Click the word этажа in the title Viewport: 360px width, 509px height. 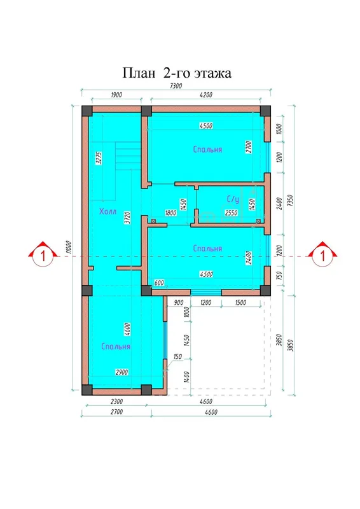212,73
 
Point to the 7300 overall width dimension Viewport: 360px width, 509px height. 176,86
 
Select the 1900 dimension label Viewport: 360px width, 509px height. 116,95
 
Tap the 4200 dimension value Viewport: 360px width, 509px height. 206,95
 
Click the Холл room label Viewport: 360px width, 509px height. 107,212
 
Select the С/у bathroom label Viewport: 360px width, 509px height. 233,199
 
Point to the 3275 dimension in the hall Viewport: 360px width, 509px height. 99,158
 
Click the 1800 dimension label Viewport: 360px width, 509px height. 170,213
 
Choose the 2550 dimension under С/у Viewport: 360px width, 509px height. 231,213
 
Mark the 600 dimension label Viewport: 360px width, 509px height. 159,282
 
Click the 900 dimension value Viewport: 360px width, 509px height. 179,303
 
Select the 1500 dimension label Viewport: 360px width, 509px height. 240,303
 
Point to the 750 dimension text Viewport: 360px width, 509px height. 280,276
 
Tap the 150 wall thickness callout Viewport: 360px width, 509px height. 177,356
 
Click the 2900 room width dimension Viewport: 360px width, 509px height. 121,372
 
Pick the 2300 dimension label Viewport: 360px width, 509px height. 116,401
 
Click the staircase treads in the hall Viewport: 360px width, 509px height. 128,156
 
